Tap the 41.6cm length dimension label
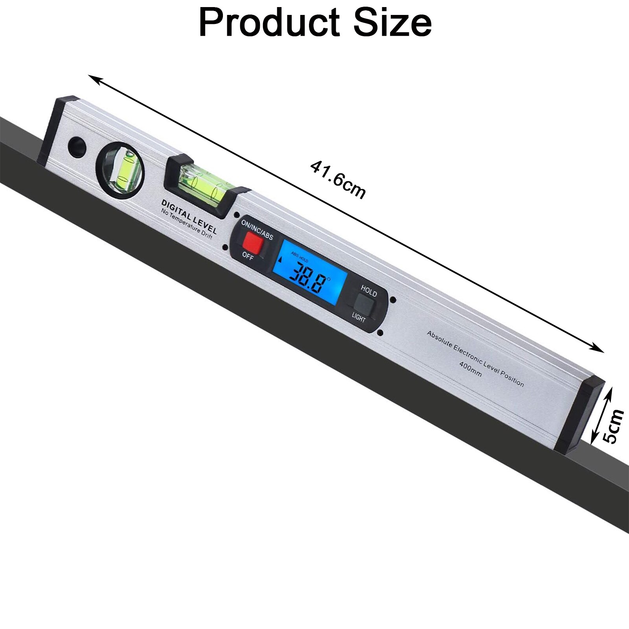pyautogui.click(x=338, y=180)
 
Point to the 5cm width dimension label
pyautogui.click(x=613, y=426)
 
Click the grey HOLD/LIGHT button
pyautogui.click(x=364, y=305)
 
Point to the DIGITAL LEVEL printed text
pyautogui.click(x=189, y=217)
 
